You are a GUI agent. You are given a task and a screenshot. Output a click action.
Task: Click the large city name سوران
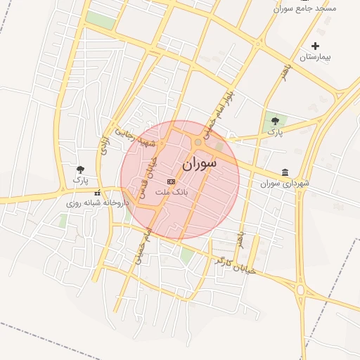click(x=199, y=164)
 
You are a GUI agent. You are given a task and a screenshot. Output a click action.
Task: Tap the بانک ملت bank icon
click(x=172, y=181)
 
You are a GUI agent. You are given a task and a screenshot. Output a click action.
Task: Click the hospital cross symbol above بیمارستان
click(x=315, y=46)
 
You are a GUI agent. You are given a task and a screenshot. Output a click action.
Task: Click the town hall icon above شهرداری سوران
click(x=285, y=172)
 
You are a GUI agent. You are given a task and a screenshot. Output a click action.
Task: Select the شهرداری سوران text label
click(x=283, y=184)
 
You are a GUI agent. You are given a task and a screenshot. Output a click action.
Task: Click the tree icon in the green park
click(x=274, y=121)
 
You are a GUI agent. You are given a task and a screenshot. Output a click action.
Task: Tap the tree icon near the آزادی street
click(x=82, y=169)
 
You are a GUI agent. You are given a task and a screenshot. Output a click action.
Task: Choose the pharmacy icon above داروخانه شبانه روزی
click(x=97, y=193)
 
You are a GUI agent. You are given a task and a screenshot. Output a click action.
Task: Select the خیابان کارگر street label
click(x=235, y=265)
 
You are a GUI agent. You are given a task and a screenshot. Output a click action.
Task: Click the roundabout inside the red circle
click(x=198, y=142)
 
